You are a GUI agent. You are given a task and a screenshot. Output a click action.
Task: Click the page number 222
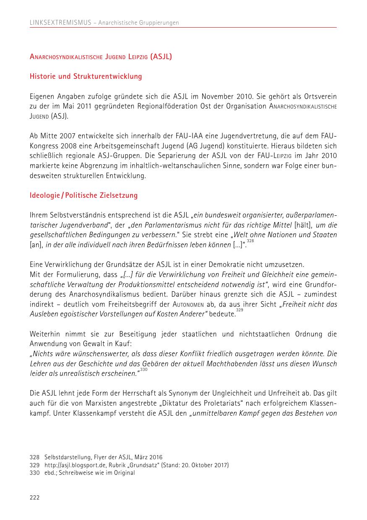pos(34,497)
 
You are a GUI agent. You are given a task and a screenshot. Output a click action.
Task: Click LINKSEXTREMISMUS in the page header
pos(60,23)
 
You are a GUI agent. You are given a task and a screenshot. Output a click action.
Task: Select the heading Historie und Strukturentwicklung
pos(86,77)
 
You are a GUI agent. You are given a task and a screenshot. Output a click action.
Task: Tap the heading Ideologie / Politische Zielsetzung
pos(83,196)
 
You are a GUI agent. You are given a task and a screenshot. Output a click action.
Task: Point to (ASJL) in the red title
pos(161,57)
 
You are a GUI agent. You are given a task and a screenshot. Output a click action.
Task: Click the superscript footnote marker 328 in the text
pos(250,241)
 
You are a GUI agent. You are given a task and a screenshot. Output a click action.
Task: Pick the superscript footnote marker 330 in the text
pos(144,370)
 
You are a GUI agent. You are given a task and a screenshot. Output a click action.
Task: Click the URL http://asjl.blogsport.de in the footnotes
pos(71,465)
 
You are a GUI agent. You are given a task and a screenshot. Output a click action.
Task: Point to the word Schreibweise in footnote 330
pos(77,473)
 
